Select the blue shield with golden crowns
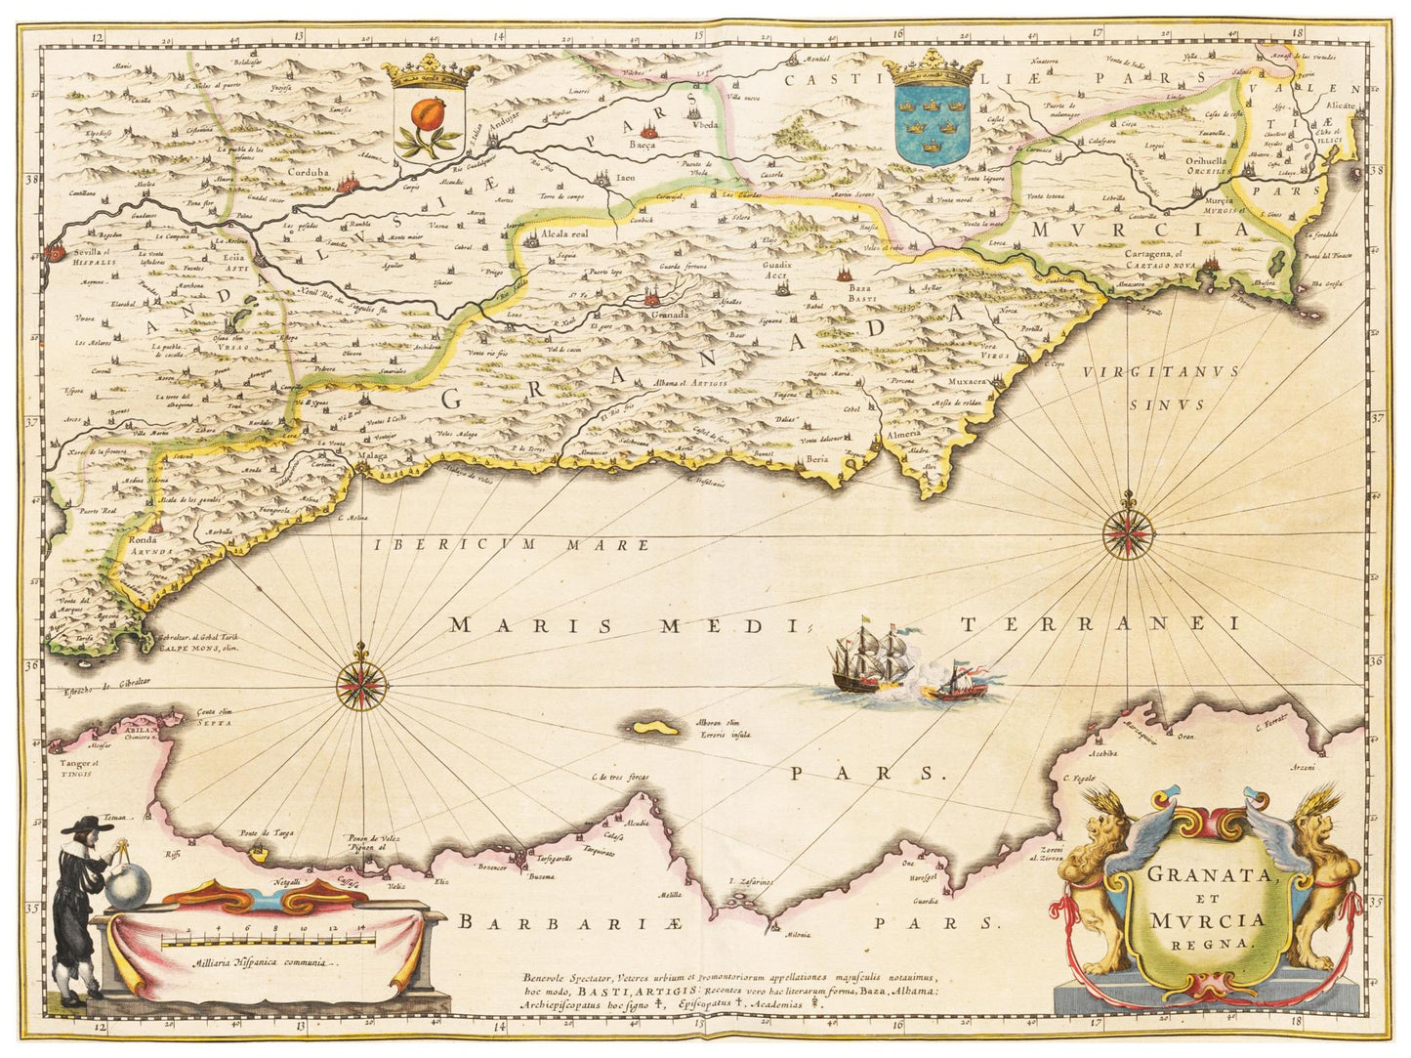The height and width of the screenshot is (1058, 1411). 932,123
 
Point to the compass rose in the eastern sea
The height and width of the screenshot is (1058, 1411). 1128,533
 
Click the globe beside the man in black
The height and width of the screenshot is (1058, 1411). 129,887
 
